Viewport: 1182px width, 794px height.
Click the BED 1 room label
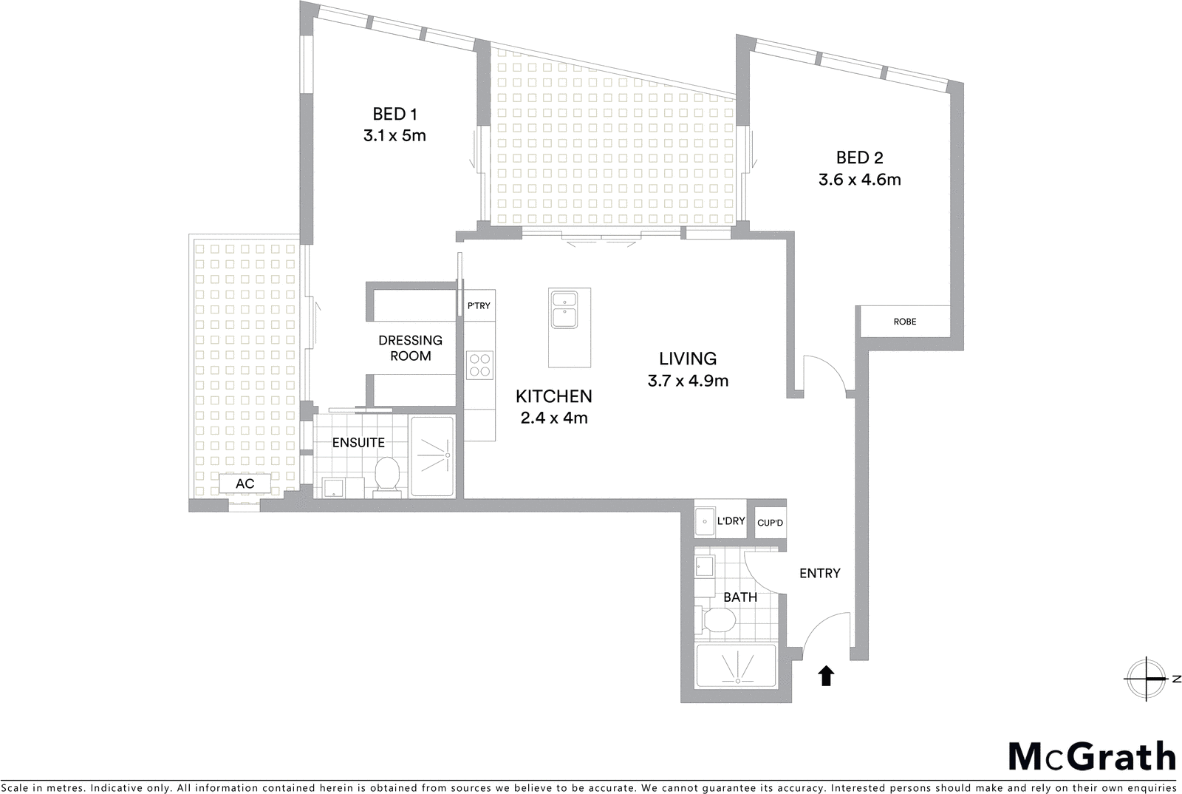coord(395,114)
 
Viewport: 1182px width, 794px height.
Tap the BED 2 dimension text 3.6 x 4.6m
coord(859,180)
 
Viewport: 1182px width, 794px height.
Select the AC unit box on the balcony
coord(245,484)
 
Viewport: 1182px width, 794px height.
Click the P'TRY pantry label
coord(479,305)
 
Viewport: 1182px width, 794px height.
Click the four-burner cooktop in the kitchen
coord(479,365)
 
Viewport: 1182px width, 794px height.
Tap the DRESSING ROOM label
coord(410,348)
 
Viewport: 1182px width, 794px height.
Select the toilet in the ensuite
coord(387,475)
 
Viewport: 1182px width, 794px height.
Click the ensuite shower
coord(433,456)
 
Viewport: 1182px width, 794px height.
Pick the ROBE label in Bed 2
coord(904,322)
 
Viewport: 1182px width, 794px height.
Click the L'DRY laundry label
coord(731,521)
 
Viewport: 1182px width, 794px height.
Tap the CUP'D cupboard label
coord(770,523)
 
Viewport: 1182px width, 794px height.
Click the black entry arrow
coord(826,676)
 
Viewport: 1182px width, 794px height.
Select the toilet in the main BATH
coord(716,620)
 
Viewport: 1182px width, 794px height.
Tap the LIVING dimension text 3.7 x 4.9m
coord(688,381)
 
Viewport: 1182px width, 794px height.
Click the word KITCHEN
coord(553,396)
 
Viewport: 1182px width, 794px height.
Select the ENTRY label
coord(819,573)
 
